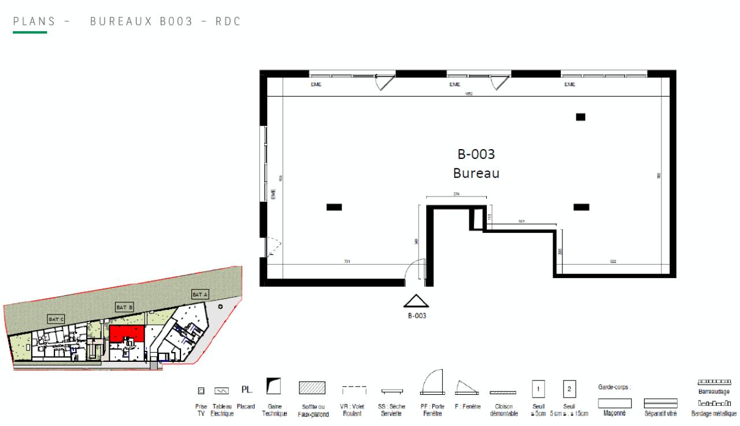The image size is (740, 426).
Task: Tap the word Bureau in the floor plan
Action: click(476, 173)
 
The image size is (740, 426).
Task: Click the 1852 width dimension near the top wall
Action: click(469, 94)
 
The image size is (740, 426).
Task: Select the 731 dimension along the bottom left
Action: click(347, 262)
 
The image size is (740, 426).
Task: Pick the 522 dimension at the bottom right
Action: click(613, 262)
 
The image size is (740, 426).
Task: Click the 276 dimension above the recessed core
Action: click(456, 195)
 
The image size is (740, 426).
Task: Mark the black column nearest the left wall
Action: click(334, 207)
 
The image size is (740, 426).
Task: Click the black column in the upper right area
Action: click(580, 117)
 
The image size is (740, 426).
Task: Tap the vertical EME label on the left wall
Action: click(273, 194)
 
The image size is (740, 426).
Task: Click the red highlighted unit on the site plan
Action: click(127, 333)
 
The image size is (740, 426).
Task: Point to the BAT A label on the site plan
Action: click(199, 295)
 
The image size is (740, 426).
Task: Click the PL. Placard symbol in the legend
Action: click(246, 391)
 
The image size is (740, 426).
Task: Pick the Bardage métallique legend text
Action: click(714, 413)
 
